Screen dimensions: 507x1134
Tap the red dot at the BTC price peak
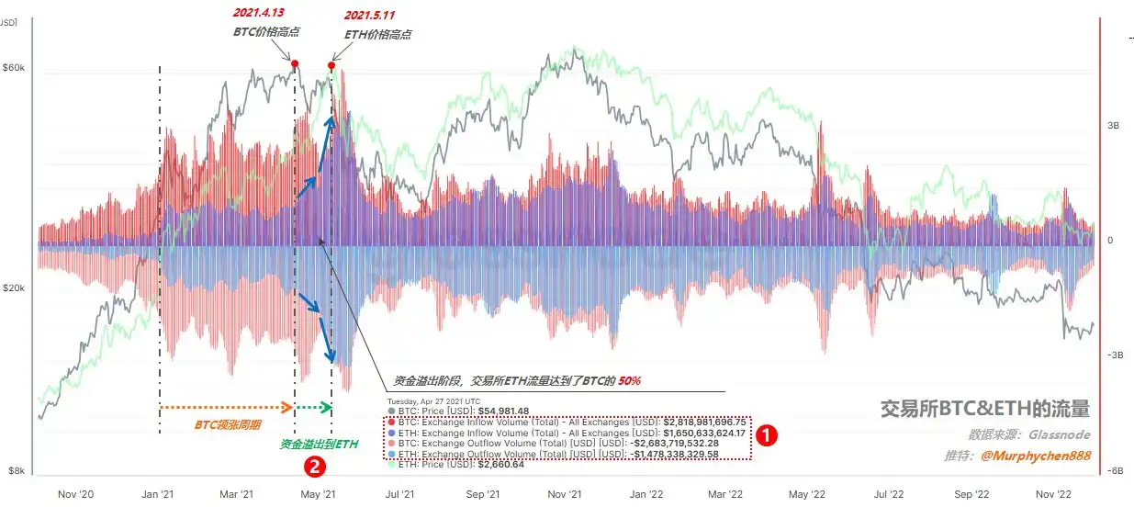(295, 63)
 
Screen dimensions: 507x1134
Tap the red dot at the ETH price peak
(331, 65)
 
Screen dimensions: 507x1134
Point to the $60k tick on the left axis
(14, 68)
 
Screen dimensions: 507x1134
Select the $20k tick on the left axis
(14, 288)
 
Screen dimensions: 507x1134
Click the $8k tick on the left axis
(16, 470)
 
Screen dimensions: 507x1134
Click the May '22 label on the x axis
(804, 494)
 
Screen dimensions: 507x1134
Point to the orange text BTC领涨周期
(227, 426)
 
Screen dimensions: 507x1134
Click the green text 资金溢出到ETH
(320, 445)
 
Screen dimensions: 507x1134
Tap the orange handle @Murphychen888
(1035, 456)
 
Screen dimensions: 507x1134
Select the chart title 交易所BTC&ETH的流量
(984, 409)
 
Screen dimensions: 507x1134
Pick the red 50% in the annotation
(629, 380)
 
